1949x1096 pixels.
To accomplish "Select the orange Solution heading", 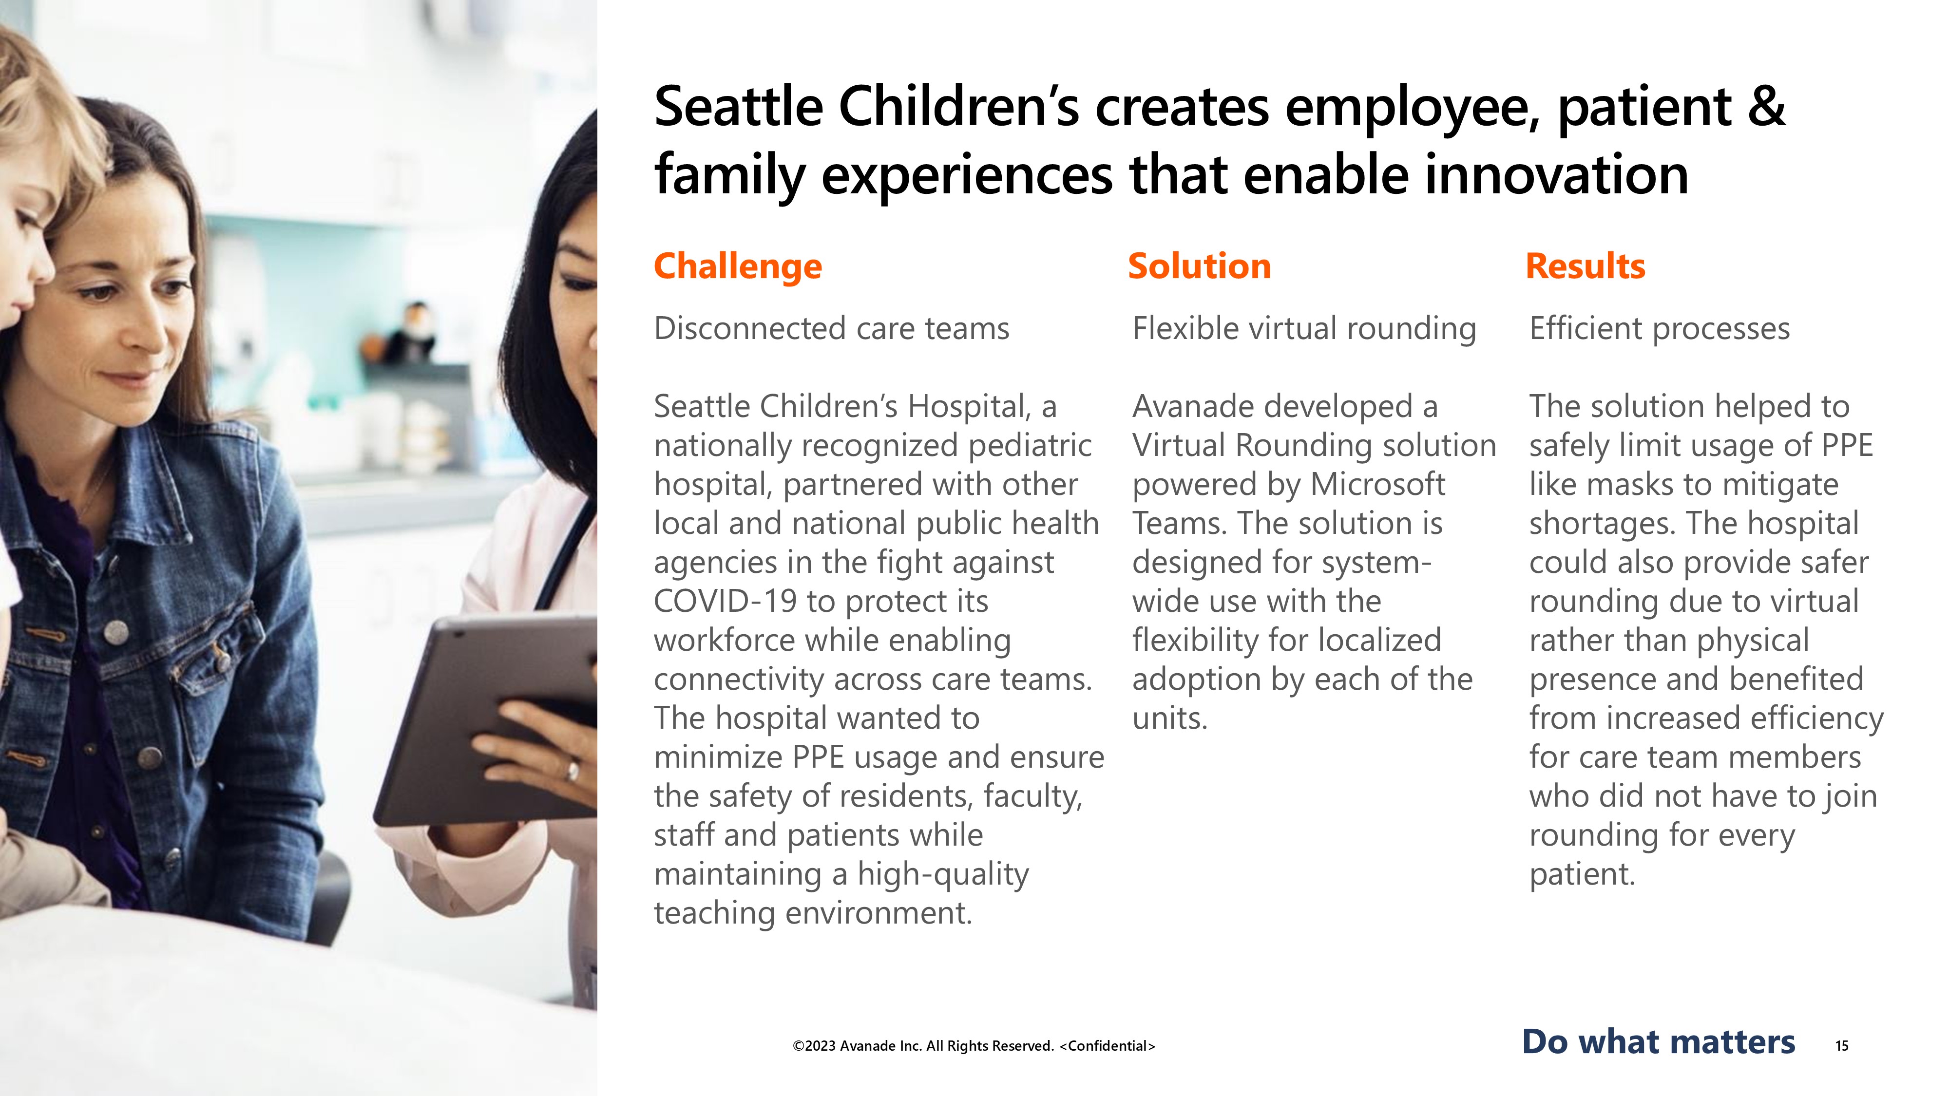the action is [1199, 266].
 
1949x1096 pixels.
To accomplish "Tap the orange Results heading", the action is [1585, 266].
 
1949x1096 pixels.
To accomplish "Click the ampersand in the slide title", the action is [1766, 107].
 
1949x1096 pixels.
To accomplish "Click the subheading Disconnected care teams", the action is [832, 329].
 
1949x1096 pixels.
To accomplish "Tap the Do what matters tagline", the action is [1659, 1041].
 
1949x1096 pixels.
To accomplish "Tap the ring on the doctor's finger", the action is [573, 772].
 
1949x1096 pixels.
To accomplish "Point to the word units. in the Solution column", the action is [1170, 718].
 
